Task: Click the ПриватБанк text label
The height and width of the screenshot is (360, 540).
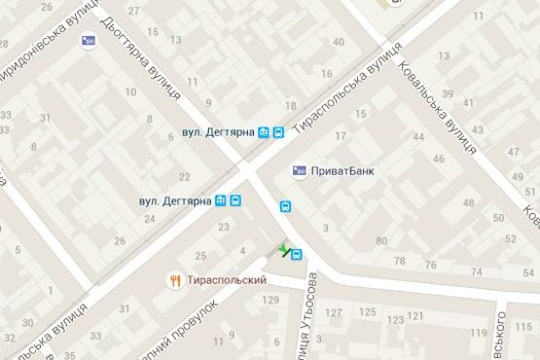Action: pos(340,171)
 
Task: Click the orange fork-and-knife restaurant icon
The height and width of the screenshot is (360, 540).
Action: pos(175,279)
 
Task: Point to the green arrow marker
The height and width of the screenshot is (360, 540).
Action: pos(283,252)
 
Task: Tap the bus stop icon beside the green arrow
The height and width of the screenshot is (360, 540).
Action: pos(297,255)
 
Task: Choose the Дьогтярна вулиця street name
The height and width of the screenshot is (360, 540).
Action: pos(141,58)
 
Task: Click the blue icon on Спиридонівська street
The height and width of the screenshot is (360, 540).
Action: pos(90,41)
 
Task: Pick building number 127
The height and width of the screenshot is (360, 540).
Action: pos(335,312)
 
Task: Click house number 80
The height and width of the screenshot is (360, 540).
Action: pos(381,241)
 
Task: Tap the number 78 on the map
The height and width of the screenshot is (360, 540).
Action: pos(401,262)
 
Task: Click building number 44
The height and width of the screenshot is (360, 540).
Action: pos(417,137)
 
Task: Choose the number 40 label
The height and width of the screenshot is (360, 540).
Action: pos(339,42)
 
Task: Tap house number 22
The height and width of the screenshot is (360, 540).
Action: pos(184,176)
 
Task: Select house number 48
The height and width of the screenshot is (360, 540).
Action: pos(469,203)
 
